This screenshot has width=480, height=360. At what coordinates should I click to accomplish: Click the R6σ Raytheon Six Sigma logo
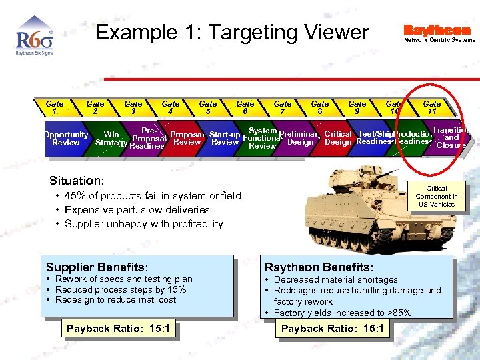coord(34,41)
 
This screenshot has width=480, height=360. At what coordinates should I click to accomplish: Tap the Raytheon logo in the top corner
coord(437,32)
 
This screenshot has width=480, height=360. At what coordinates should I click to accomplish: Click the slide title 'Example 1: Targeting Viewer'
coord(232,32)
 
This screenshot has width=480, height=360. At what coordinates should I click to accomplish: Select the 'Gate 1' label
coord(55,107)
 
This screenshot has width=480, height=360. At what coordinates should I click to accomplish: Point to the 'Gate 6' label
coord(245,107)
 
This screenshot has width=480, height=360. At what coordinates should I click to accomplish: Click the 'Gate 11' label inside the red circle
coord(432,107)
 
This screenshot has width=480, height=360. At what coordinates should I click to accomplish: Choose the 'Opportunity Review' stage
coord(65,139)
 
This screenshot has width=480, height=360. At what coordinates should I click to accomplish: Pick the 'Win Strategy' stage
coord(111,139)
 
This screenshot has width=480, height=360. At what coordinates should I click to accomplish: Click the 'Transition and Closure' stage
coord(451,137)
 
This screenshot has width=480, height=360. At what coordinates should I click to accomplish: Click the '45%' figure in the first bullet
coord(75,196)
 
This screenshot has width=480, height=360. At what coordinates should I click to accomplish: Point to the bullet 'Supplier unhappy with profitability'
coord(143,224)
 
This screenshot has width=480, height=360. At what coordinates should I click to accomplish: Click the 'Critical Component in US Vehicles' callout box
coord(437,197)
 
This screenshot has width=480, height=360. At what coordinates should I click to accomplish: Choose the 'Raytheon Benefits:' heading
coord(319,267)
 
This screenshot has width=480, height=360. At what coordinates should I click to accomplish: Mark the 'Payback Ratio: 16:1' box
coord(332,329)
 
